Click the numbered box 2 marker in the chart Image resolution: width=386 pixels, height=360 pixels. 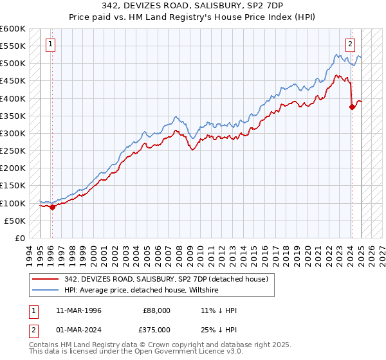pos(350,44)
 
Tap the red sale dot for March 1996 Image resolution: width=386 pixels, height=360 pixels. pos(52,207)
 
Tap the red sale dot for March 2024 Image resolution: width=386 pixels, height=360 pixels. pos(352,107)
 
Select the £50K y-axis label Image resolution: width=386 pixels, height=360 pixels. pos(14,221)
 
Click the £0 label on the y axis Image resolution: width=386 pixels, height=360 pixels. pos(20,238)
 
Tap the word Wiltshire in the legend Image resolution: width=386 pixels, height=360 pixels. pos(205,291)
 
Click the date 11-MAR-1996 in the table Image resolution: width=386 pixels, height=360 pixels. pos(79,310)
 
